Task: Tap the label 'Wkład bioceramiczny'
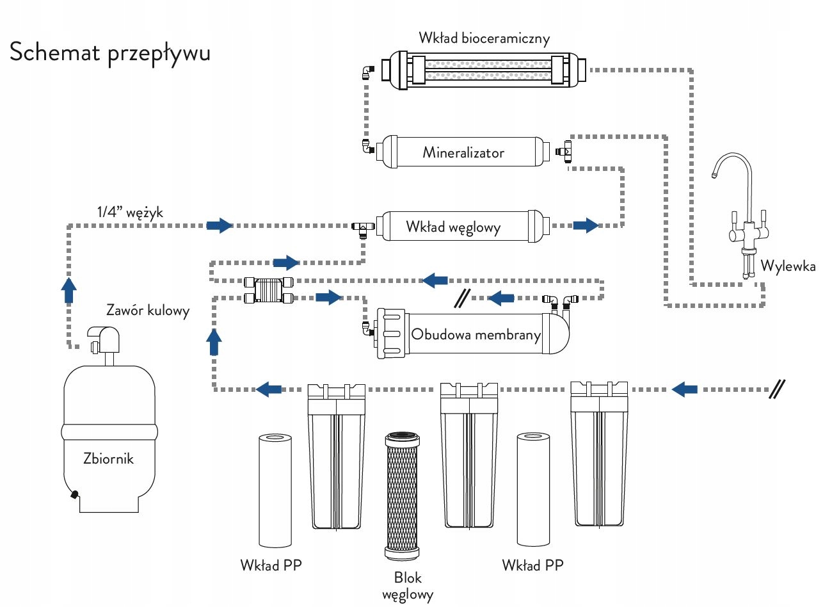pyautogui.click(x=484, y=38)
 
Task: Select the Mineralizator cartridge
pyautogui.click(x=463, y=152)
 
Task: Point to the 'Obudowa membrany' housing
pyautogui.click(x=474, y=334)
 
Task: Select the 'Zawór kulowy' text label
pyautogui.click(x=148, y=311)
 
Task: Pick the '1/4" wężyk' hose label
pyautogui.click(x=130, y=212)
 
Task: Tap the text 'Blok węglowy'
pyautogui.click(x=408, y=585)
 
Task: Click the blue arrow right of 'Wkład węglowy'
pyautogui.click(x=586, y=225)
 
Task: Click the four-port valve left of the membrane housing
pyautogui.click(x=269, y=289)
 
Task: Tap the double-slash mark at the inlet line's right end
pyautogui.click(x=777, y=389)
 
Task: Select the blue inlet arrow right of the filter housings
pyautogui.click(x=685, y=389)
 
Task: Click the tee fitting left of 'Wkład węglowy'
pyautogui.click(x=363, y=227)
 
